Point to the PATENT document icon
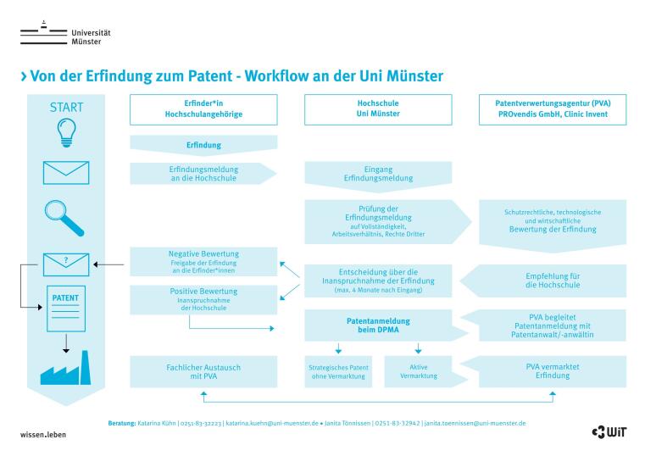[65, 309]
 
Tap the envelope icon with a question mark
[65, 264]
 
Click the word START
[66, 108]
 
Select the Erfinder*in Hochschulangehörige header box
[203, 109]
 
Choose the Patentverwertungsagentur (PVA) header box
[553, 109]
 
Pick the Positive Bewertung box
[203, 298]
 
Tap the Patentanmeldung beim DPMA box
[378, 326]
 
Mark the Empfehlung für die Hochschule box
[553, 281]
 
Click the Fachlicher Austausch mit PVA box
[203, 371]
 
